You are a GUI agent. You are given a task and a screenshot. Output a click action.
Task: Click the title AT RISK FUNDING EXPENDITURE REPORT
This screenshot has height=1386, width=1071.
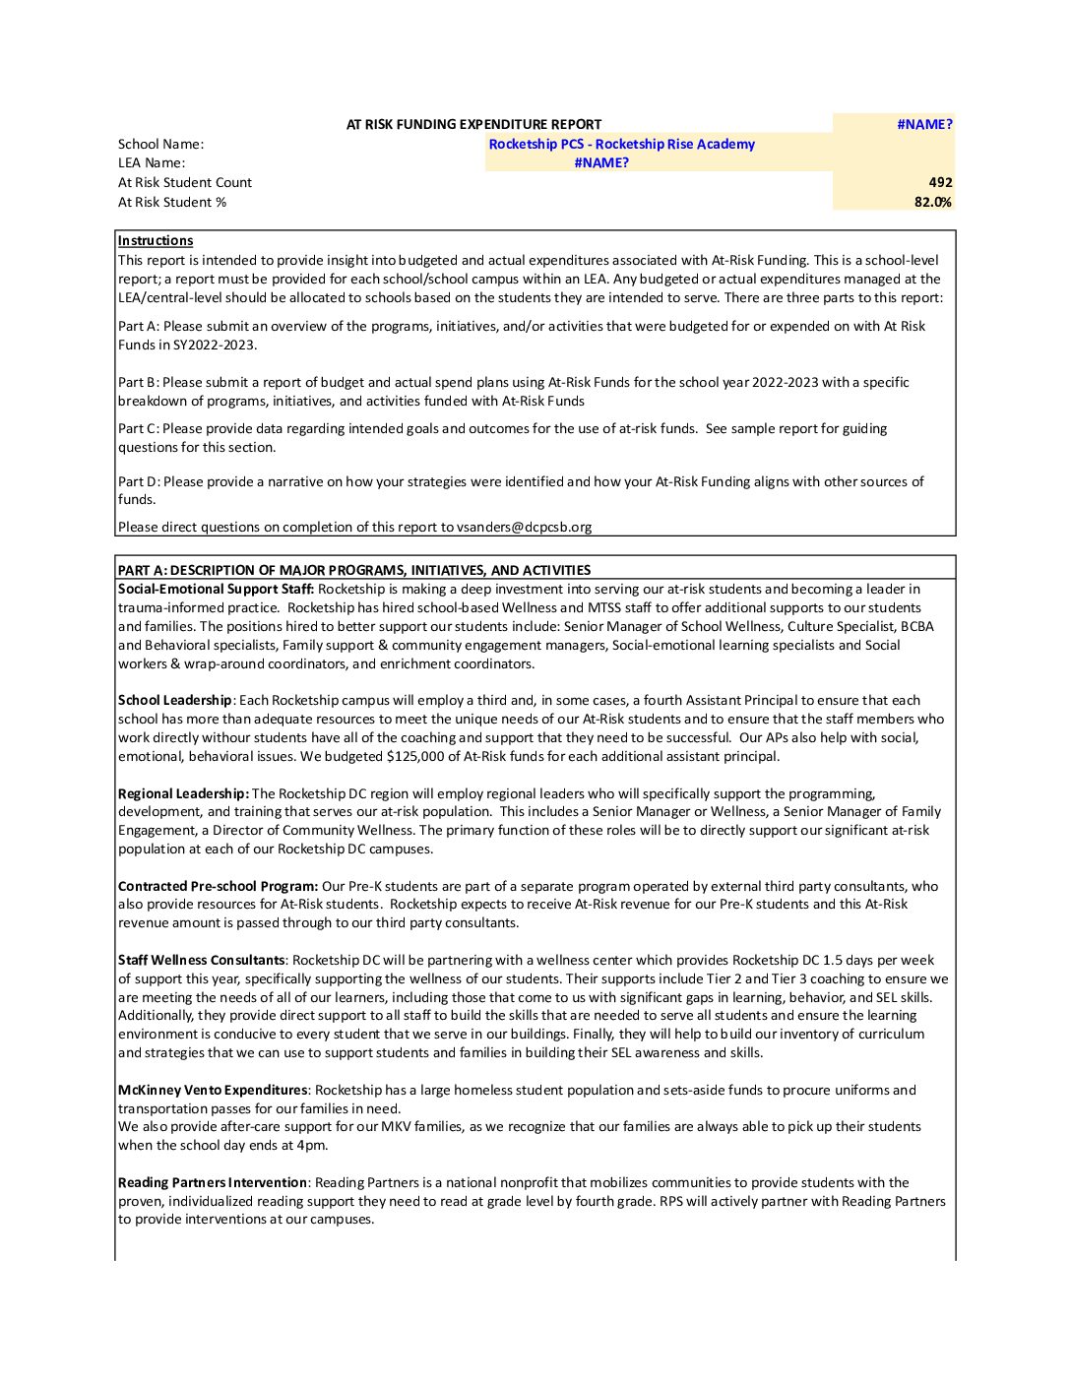(473, 125)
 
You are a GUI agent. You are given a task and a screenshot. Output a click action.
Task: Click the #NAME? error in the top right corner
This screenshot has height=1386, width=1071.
(924, 125)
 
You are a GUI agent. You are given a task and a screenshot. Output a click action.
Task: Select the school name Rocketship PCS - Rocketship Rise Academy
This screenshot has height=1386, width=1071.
(621, 145)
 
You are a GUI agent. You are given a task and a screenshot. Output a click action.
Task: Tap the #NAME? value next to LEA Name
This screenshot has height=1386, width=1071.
(601, 163)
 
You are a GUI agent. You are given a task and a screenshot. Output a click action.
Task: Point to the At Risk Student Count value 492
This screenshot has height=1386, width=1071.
(940, 183)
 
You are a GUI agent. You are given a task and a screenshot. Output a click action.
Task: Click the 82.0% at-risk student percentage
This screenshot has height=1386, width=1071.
(932, 203)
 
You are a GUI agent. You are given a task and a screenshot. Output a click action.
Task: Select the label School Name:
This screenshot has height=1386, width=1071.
(160, 145)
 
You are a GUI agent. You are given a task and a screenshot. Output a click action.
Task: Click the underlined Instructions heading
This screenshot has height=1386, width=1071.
(156, 241)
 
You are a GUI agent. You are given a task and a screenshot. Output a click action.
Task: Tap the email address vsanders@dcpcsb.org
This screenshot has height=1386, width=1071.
(524, 528)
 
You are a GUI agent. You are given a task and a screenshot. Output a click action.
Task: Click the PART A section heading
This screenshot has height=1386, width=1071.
(354, 571)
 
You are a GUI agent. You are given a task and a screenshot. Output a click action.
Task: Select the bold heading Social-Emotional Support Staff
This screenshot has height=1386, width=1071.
(216, 590)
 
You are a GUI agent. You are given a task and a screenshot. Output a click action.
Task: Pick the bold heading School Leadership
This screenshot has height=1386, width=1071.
(175, 701)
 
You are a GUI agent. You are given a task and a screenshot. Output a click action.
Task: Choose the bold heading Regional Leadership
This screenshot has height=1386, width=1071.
(183, 794)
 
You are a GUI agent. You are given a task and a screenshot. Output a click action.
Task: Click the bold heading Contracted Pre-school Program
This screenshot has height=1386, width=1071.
(218, 887)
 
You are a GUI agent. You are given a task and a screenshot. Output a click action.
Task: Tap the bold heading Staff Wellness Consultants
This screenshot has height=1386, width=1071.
(202, 961)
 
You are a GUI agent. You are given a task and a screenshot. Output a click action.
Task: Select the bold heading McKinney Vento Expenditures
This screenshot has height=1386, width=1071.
(213, 1091)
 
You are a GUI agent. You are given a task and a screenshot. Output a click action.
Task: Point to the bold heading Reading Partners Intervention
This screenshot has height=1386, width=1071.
(213, 1183)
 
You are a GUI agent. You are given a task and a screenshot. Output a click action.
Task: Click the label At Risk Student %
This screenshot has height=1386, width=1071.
(172, 203)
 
